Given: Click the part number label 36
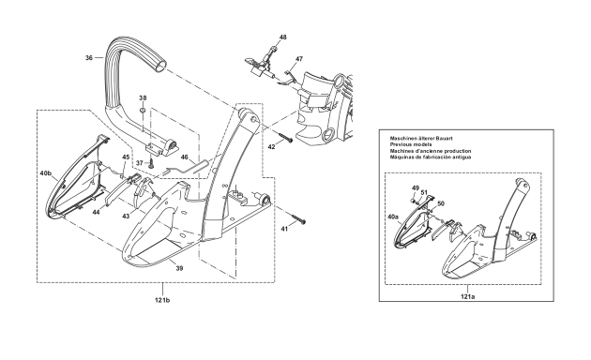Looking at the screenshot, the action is coord(89,57).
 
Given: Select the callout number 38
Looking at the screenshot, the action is coord(143,97).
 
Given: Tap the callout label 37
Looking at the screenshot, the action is coord(140,163).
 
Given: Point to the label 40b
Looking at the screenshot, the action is coord(45,173).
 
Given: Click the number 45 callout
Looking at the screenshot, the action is coord(126,157).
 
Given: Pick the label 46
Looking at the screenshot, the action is coord(184,157).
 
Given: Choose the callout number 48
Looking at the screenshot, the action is coord(283,37).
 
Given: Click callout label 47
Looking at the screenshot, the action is coord(299,59).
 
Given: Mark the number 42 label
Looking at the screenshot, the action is coord(271,147).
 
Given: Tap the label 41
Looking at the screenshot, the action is coord(284,229).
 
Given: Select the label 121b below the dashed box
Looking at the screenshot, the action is coord(162,300).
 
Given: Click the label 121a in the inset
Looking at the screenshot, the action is coord(467,296).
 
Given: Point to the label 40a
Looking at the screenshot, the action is coord(393,217).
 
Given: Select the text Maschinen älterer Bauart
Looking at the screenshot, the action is coord(421,138).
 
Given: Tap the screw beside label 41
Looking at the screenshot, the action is coord(297,218).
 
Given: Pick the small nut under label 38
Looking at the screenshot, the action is coord(143,111).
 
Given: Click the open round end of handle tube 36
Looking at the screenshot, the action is coord(160,66).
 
